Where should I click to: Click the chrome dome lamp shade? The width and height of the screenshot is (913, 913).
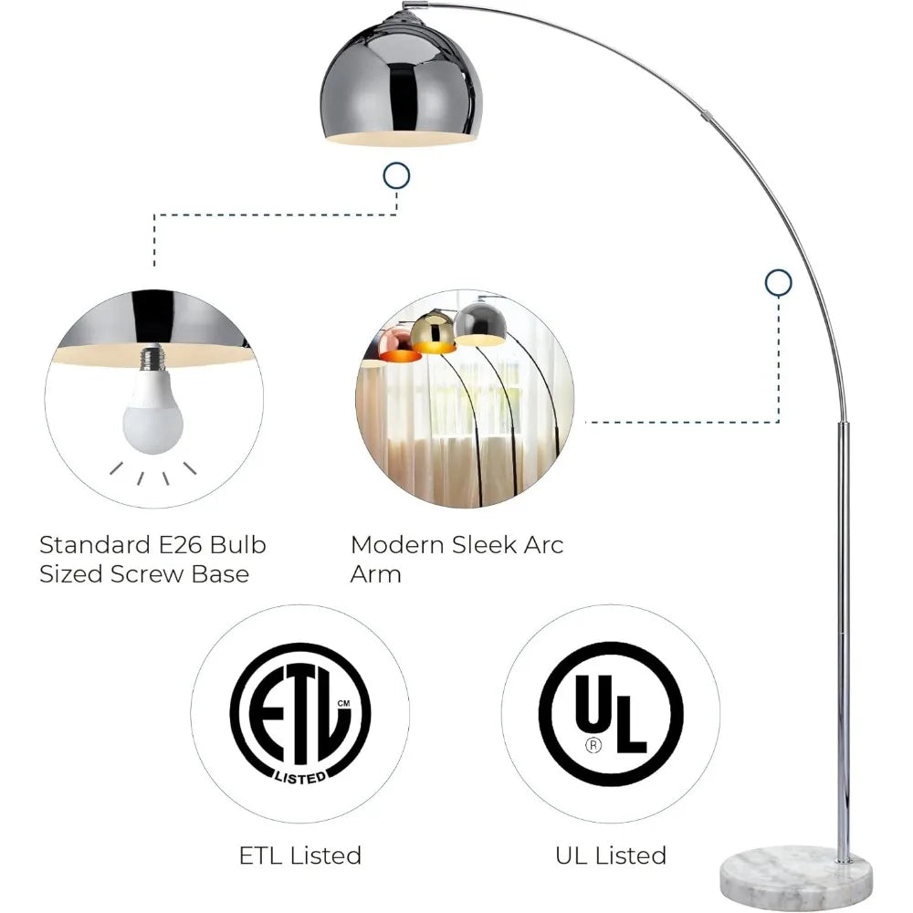(401, 81)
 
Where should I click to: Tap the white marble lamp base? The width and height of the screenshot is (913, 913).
(797, 877)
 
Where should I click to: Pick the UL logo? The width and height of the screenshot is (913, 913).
(611, 714)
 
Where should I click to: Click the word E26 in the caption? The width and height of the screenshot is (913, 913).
(180, 545)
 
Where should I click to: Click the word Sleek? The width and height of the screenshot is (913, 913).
(485, 545)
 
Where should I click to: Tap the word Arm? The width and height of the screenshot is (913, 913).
(375, 574)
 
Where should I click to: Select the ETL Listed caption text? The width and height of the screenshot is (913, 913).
(300, 855)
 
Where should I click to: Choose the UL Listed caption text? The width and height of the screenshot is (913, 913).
(611, 855)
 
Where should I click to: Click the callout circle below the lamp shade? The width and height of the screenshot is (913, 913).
(396, 175)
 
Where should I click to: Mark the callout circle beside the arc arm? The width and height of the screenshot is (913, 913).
(779, 283)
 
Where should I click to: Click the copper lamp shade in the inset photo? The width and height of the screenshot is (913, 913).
(398, 346)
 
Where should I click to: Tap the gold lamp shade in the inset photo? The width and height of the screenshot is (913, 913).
(433, 332)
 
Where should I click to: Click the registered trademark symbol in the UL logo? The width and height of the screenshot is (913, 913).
(593, 744)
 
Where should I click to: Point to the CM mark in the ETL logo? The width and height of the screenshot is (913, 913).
(343, 703)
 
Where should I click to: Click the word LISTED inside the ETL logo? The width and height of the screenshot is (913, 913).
(300, 777)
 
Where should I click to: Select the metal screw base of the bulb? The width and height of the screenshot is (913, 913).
(152, 357)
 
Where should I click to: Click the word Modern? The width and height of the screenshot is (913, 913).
(398, 545)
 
